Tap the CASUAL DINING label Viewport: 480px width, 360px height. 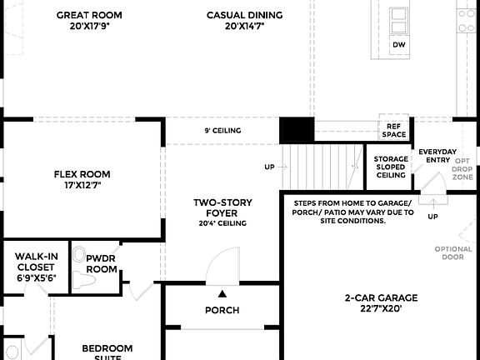(x=244, y=15)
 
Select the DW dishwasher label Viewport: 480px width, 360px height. (x=399, y=44)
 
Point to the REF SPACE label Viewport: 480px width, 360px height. (x=394, y=129)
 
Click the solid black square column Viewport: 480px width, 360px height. (x=296, y=131)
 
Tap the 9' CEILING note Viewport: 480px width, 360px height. (x=222, y=131)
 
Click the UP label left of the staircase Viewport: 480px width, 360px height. (x=269, y=167)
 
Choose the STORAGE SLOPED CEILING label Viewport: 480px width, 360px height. (x=390, y=167)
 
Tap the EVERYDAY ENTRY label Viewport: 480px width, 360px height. (x=437, y=156)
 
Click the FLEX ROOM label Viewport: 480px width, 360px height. (x=82, y=174)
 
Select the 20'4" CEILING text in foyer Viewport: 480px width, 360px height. (x=222, y=223)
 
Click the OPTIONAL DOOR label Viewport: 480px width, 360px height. (x=453, y=253)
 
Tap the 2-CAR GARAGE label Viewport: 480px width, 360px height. (x=381, y=297)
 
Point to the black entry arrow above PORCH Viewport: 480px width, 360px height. (x=222, y=293)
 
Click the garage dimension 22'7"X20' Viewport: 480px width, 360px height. (x=381, y=308)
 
